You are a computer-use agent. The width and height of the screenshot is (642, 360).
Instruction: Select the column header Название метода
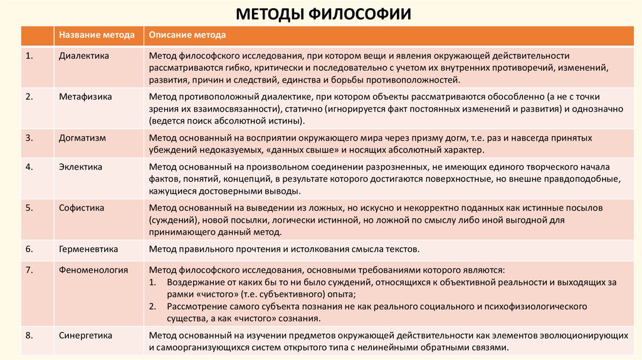97,35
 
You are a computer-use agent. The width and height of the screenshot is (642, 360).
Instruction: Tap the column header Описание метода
187,35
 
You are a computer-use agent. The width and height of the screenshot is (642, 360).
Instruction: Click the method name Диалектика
84,56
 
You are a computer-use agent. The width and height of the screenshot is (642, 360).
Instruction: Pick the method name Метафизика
85,97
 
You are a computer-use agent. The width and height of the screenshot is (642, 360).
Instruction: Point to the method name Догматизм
83,137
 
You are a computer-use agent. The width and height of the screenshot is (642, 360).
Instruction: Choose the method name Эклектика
81,167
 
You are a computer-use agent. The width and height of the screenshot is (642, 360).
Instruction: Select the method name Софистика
82,208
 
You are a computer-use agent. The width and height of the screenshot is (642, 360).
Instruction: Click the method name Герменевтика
88,249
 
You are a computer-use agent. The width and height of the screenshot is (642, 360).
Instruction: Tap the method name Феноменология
93,270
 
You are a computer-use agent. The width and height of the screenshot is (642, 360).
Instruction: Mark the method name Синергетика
86,336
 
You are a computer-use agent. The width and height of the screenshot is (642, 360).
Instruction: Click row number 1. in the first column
29,56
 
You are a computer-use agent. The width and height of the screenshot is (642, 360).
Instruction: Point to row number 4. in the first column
29,167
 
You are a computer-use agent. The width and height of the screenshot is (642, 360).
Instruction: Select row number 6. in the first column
29,249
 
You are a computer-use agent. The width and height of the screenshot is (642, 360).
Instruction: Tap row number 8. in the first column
29,336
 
